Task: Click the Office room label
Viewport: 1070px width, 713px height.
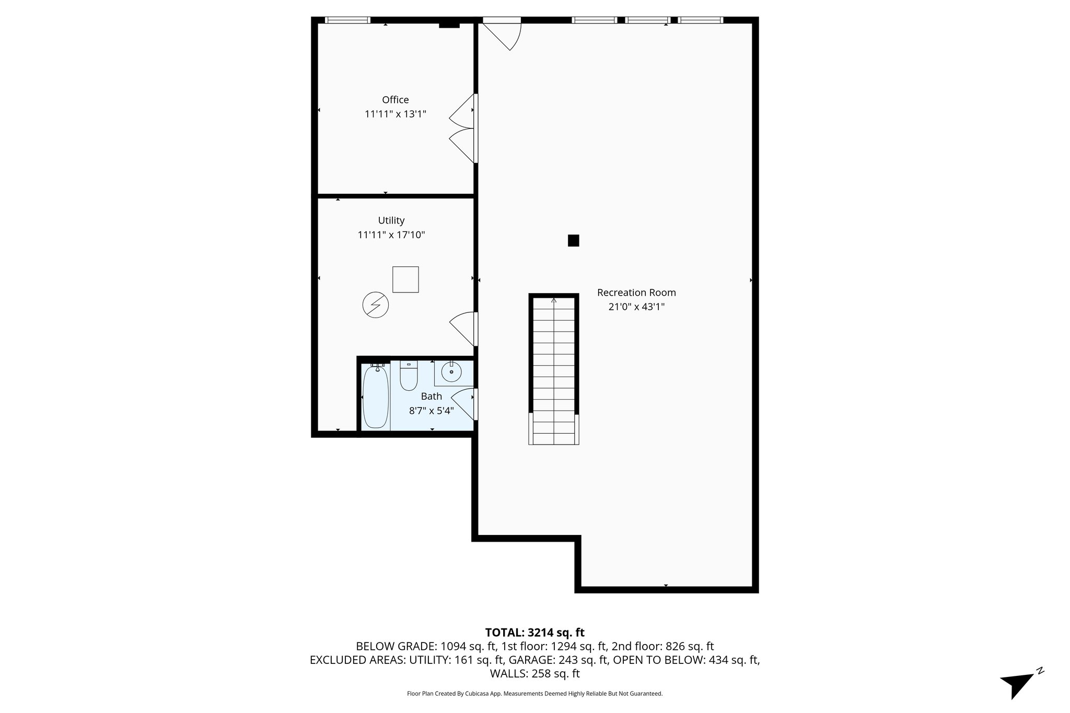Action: point(395,100)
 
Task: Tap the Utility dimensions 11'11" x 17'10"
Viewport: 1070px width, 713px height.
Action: point(391,235)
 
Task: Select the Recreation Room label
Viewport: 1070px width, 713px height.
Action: point(636,293)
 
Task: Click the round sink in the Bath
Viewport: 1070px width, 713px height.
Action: point(451,372)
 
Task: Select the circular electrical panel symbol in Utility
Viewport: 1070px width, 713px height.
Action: point(375,305)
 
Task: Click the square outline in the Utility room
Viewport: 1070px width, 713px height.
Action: point(405,279)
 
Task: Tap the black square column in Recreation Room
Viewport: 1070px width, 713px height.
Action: point(573,241)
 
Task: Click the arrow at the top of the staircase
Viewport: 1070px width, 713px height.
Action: point(554,300)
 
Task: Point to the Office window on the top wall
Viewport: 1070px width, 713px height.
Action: point(347,20)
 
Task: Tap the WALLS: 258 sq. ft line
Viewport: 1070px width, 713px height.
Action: point(534,673)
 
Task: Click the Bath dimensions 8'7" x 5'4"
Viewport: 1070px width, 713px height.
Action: point(431,411)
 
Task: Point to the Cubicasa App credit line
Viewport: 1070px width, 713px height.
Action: point(534,694)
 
